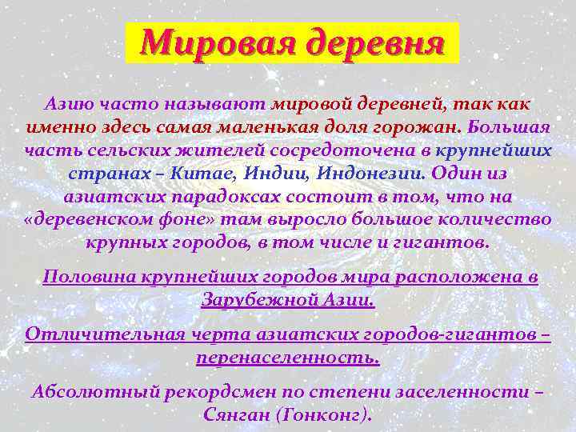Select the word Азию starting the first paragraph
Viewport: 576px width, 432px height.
(71, 105)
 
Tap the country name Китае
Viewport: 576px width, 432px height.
(204, 173)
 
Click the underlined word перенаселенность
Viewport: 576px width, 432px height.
(288, 357)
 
